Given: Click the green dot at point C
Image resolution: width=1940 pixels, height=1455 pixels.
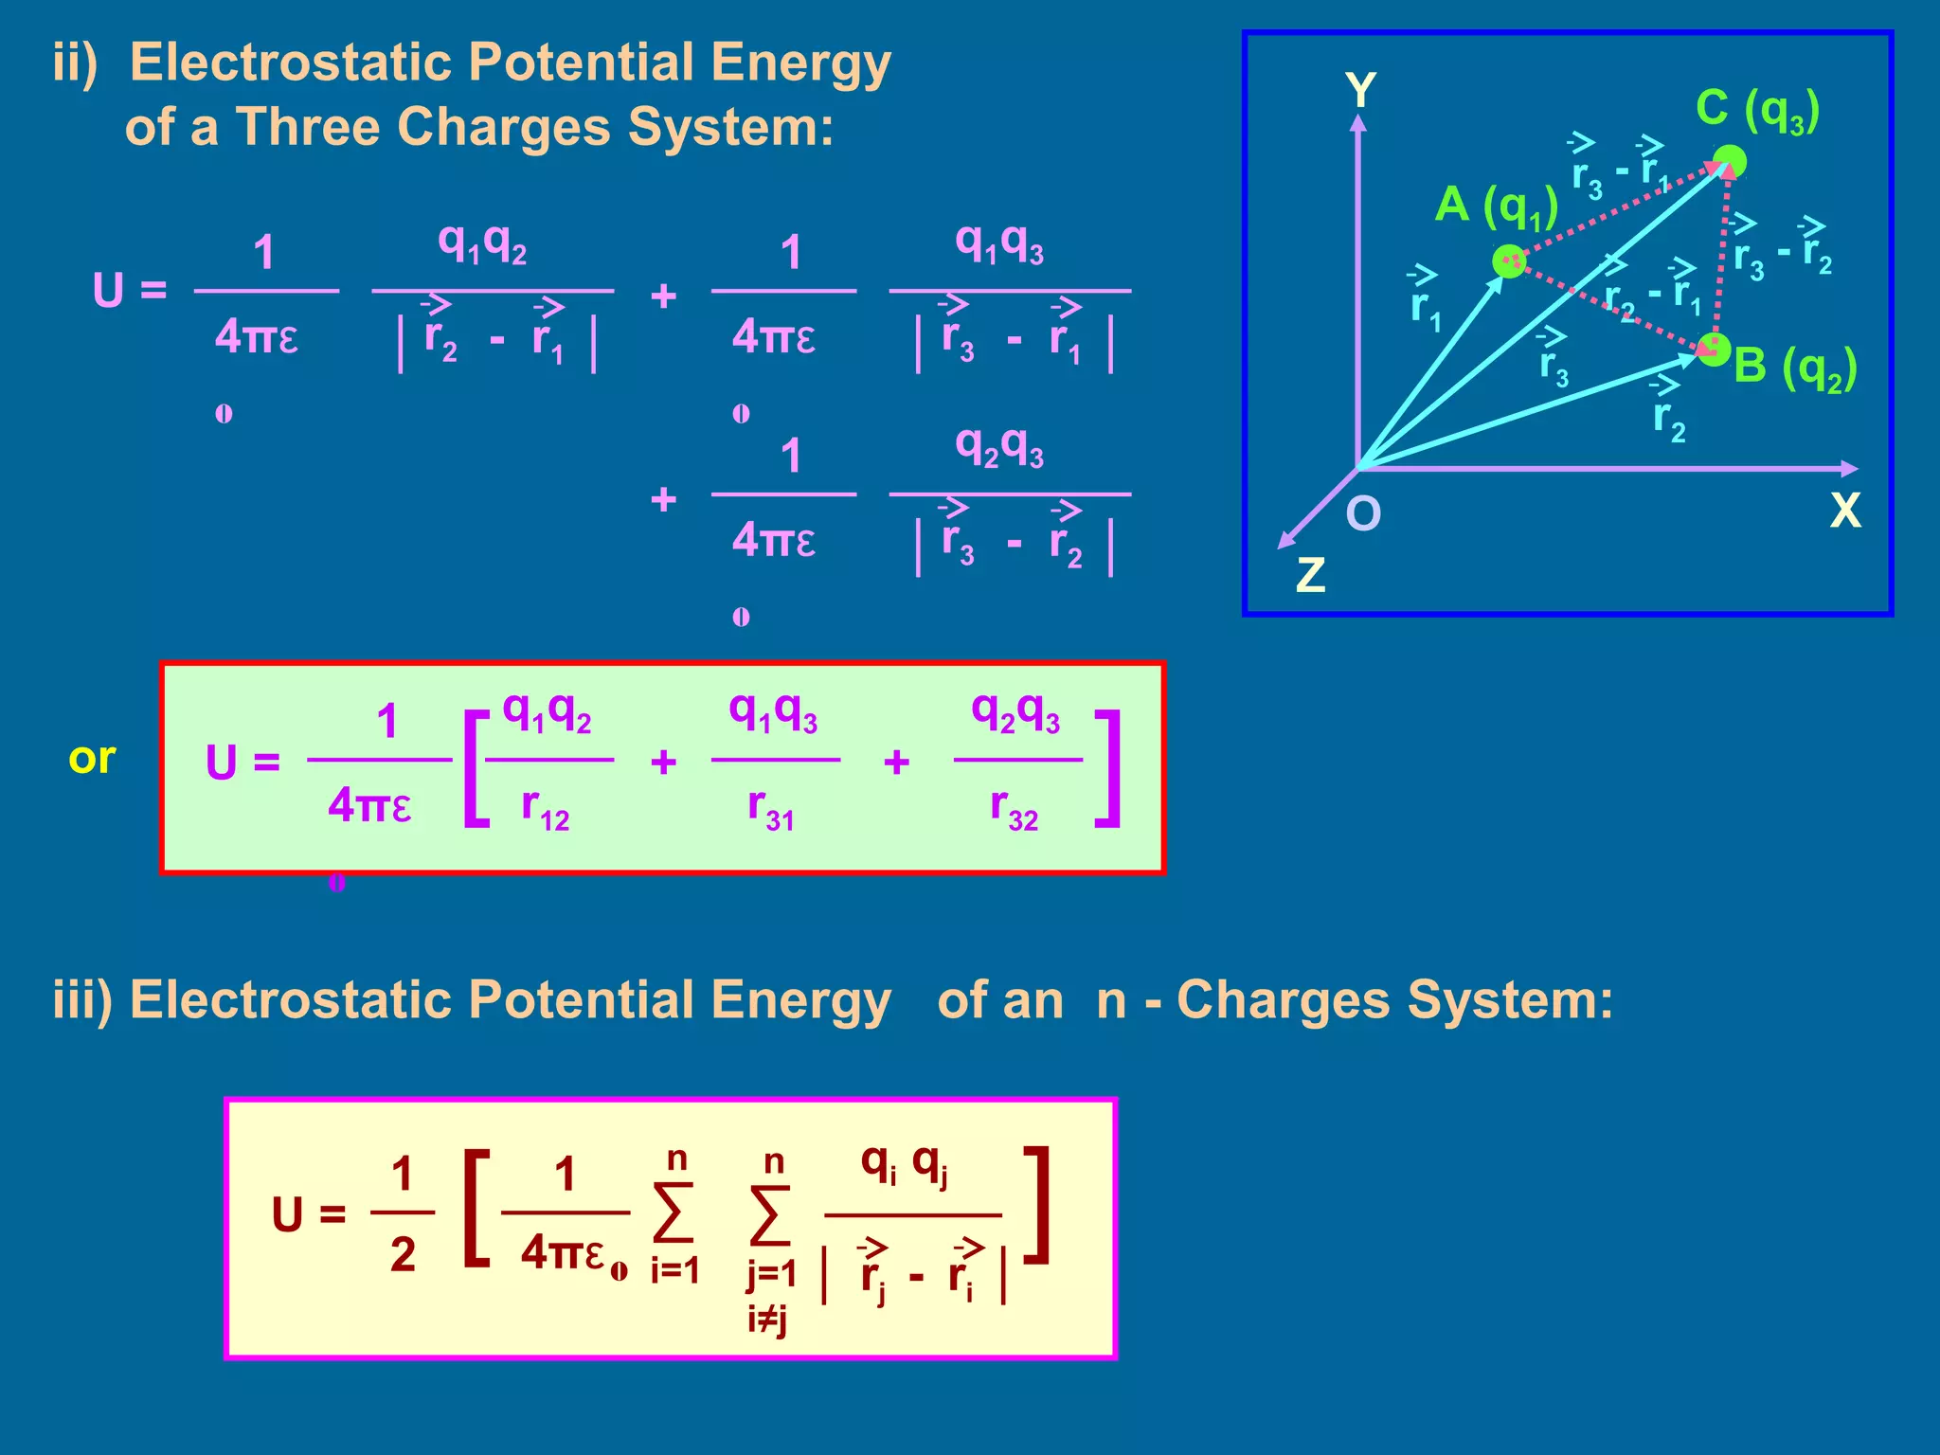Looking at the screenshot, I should (x=1730, y=162).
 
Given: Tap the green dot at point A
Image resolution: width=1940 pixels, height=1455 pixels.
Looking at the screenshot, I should (x=1510, y=260).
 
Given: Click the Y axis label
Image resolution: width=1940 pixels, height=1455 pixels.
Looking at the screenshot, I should (x=1360, y=91).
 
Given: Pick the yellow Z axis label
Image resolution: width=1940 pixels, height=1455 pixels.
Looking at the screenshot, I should (x=1310, y=574).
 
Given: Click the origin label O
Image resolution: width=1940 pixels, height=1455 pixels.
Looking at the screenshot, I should (x=1363, y=513).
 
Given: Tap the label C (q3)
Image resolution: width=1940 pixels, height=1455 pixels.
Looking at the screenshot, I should (x=1757, y=110).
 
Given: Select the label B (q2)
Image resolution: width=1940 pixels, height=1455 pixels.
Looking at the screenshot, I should (x=1795, y=368).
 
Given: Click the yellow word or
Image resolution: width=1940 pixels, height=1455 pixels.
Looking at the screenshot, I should (x=92, y=758).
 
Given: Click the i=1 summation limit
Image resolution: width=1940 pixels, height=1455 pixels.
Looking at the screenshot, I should (x=674, y=1269).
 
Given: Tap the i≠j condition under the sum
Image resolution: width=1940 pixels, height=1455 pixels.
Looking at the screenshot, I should (x=767, y=1318).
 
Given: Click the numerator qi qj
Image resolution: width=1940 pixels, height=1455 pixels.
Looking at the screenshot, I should (x=905, y=1164).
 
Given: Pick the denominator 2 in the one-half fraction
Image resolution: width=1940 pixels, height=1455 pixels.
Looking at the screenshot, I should (x=403, y=1254).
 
